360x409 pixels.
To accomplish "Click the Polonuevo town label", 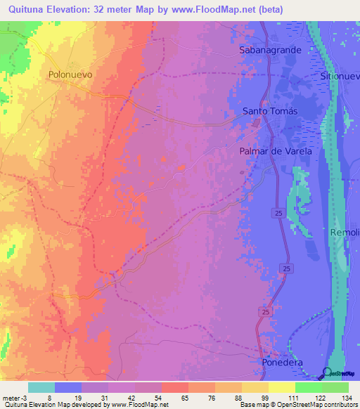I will click(x=70, y=74).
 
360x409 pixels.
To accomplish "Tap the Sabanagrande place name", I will click(x=270, y=51).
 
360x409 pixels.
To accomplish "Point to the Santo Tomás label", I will click(x=271, y=111).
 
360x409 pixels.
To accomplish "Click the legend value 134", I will click(x=348, y=398).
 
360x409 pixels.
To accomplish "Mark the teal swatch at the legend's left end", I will click(x=41, y=387).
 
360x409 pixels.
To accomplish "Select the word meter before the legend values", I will click(x=13, y=398).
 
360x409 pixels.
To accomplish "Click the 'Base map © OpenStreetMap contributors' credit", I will click(x=297, y=405).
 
